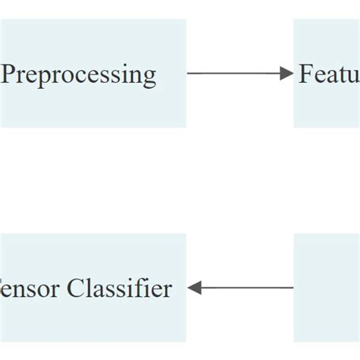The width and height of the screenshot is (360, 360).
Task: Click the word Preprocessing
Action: pyautogui.click(x=79, y=74)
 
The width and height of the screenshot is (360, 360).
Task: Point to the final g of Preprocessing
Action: pyautogui.click(x=149, y=77)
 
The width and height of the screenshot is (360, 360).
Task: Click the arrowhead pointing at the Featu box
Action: pyautogui.click(x=286, y=73)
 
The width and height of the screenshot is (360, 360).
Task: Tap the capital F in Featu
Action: pyautogui.click(x=305, y=74)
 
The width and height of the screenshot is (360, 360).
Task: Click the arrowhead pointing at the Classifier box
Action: pyautogui.click(x=193, y=288)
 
